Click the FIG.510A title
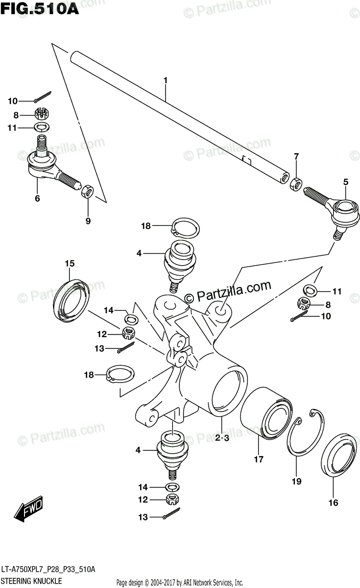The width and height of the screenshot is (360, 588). tap(40, 9)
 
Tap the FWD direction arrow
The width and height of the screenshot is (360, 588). tap(29, 509)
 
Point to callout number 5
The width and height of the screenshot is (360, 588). tap(345, 182)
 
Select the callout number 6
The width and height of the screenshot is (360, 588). tap(37, 198)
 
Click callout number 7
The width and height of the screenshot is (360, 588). tap(296, 157)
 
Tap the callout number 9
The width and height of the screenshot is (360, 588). tap(88, 221)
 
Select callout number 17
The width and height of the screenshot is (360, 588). tap(259, 459)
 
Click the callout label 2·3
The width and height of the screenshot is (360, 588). tap(221, 439)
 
